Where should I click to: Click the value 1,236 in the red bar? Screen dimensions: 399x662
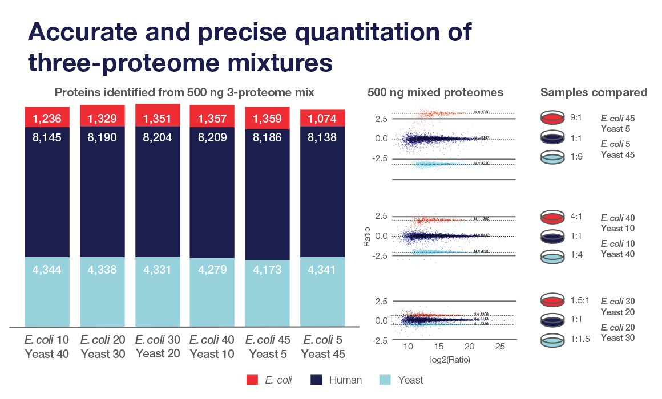[47, 119]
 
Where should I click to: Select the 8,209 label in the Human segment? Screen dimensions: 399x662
[212, 137]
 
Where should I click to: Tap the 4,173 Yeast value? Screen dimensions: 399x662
[267, 270]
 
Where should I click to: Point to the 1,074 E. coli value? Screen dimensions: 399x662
[323, 119]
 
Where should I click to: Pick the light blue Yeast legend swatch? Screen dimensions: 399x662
[386, 380]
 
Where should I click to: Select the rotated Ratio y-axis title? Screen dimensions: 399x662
[368, 237]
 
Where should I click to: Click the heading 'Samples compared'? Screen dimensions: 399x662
[594, 92]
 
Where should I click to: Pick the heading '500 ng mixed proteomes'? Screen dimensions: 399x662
[435, 92]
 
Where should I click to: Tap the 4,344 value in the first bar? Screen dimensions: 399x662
[47, 270]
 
